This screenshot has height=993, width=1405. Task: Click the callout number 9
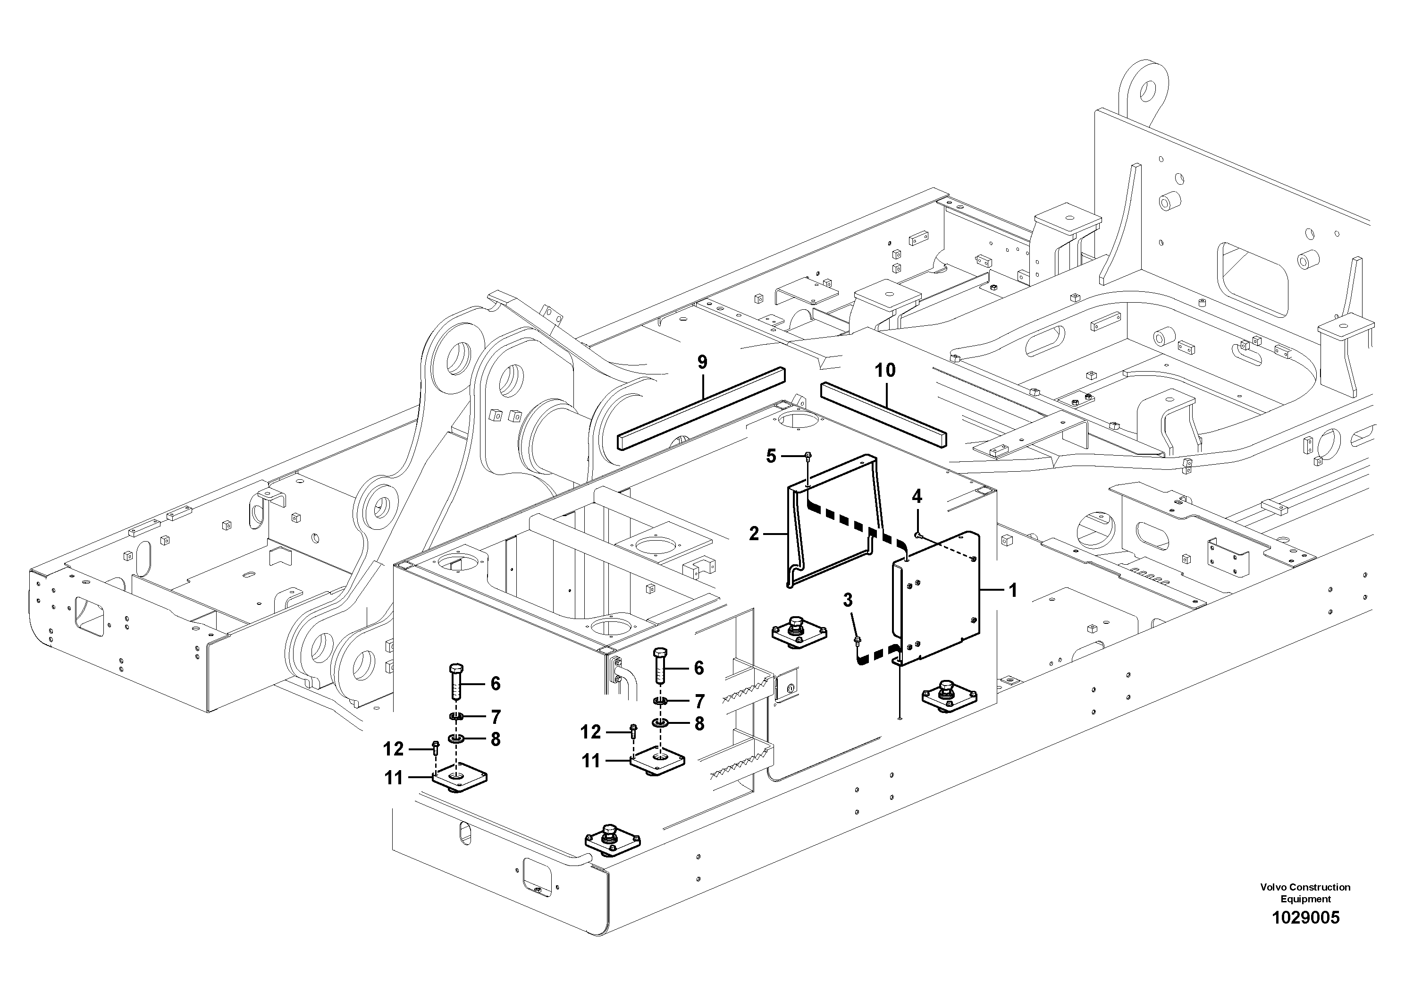point(702,363)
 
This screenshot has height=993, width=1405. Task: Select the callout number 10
point(885,370)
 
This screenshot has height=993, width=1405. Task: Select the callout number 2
point(754,534)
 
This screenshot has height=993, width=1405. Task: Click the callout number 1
point(1013,590)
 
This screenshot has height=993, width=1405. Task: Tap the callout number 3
point(848,601)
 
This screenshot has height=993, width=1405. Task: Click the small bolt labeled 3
point(857,640)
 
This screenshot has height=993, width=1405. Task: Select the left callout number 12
point(394,749)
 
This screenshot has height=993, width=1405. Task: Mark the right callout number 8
point(699,724)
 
